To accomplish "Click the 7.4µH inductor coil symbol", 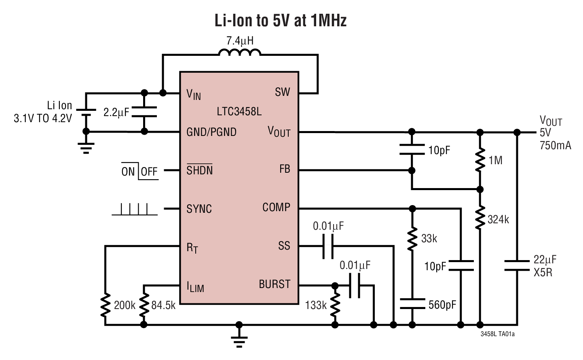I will click(240, 53).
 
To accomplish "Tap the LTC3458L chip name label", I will click(239, 111).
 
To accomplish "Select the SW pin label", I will click(282, 92).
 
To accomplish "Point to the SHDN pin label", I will click(199, 170).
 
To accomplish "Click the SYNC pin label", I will click(199, 209).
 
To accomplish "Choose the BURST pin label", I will click(275, 284).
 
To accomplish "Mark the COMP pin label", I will click(276, 208).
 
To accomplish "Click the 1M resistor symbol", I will click(479, 160).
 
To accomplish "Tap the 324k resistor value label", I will click(498, 220).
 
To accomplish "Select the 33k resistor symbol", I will click(412, 239).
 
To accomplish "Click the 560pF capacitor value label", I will click(442, 305).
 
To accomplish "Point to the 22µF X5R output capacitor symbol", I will click(517, 265).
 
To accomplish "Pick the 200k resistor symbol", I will click(106, 305).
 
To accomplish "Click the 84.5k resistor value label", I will click(163, 305).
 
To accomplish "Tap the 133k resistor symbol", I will click(335, 305).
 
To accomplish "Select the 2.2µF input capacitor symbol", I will click(144, 112).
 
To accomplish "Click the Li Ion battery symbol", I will click(86, 112).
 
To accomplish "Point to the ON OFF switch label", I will click(139, 172).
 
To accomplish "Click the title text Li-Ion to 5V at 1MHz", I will click(280, 20).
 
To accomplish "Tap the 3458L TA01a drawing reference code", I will click(497, 334).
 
